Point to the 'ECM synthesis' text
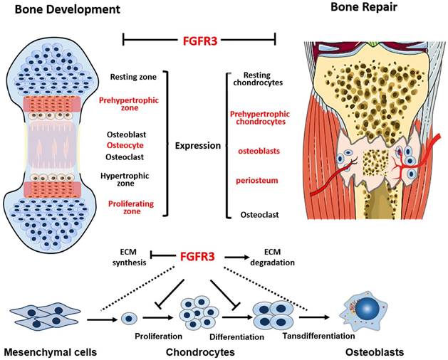point(129,258)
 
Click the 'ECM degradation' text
point(274,258)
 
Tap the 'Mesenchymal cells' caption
point(48,351)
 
